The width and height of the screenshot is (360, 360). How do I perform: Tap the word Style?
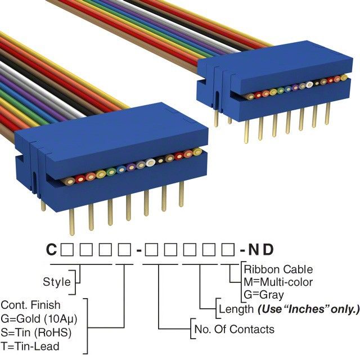click(x=57, y=282)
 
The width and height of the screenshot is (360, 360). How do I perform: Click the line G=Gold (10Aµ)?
click(x=38, y=319)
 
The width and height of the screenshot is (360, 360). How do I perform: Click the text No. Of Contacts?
click(x=233, y=329)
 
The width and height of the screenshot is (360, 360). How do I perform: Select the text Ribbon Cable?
click(x=278, y=269)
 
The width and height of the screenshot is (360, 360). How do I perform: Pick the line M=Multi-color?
click(x=278, y=282)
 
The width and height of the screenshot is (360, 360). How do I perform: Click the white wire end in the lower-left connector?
click(x=151, y=163)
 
